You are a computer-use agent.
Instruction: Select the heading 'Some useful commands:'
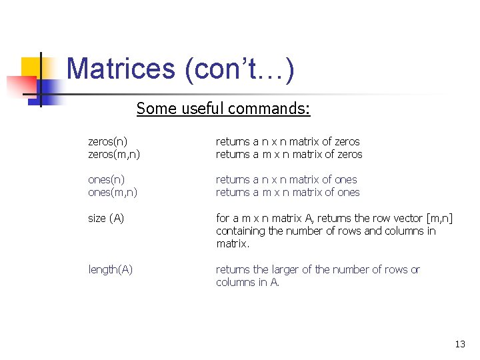coord(223,108)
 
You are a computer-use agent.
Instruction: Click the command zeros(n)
coord(108,141)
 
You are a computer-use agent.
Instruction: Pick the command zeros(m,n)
coord(114,154)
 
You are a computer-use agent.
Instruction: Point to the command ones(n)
coord(107,179)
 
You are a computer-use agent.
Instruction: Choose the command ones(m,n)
coord(113,192)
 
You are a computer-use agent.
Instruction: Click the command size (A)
coord(106,218)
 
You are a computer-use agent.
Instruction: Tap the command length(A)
coord(111,269)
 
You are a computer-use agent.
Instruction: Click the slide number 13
coord(460,344)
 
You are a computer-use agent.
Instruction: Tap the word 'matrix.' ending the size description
coord(233,243)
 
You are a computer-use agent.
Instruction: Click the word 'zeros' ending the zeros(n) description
coord(347,141)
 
